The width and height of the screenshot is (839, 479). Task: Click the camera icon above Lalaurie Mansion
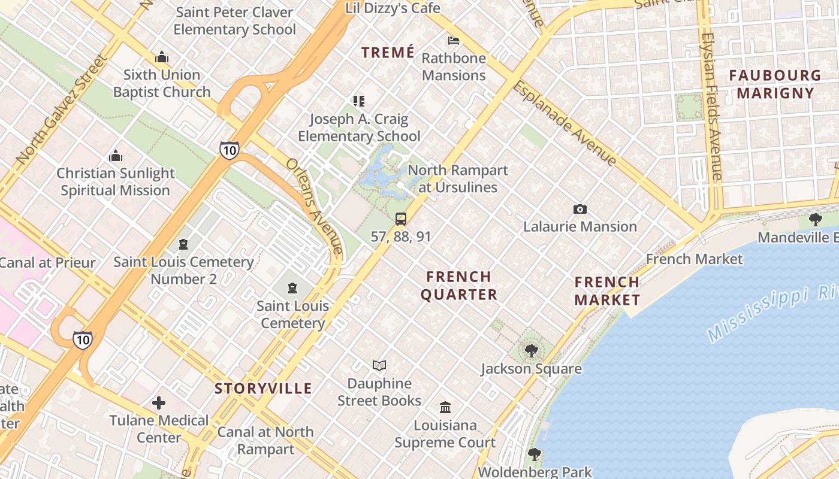pos(580,209)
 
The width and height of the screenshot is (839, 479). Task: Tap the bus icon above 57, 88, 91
pos(401,219)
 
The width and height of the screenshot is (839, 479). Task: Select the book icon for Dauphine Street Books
pos(379,365)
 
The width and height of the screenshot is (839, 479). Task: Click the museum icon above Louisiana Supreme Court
pos(445,407)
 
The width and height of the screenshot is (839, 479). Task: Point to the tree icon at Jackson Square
pos(531,351)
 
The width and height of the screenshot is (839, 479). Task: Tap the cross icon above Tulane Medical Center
pos(159,403)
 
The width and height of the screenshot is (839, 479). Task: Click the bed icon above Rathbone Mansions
pos(454,41)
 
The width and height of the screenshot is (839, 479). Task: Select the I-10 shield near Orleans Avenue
pos(229,150)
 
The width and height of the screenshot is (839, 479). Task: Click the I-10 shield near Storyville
pos(83,340)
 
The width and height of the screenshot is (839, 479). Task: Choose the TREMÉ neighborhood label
pos(388,53)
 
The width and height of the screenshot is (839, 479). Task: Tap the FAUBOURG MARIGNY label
pos(775,84)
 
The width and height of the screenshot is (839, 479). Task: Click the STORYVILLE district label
pos(264,389)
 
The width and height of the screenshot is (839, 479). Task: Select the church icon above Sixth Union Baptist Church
pos(161,57)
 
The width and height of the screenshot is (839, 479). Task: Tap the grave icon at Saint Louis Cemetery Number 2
pos(183,244)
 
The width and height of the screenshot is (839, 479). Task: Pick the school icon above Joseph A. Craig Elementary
pos(358,101)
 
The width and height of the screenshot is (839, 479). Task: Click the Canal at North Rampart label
pos(265,440)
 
